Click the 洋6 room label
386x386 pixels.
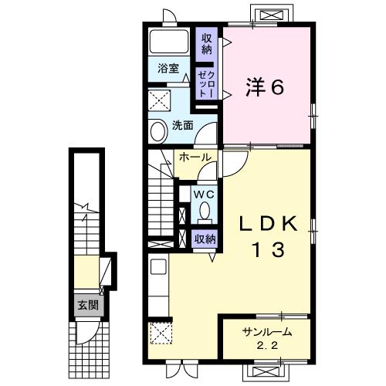point(266,86)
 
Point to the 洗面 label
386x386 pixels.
point(181,125)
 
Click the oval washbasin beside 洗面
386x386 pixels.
point(157,131)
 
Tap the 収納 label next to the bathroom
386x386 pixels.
point(206,43)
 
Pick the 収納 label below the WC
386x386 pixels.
point(205,239)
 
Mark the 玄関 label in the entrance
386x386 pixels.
point(84,304)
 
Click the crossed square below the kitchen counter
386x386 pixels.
point(161,334)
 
